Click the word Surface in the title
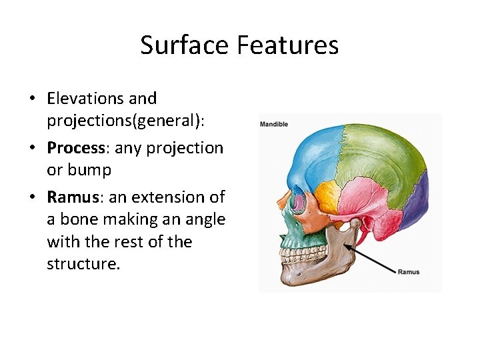point(177,45)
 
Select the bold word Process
point(75,148)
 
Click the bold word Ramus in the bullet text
point(71,197)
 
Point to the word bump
point(89,170)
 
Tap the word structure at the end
point(83,264)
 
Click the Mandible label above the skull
point(274,125)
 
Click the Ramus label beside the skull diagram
point(408,272)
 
